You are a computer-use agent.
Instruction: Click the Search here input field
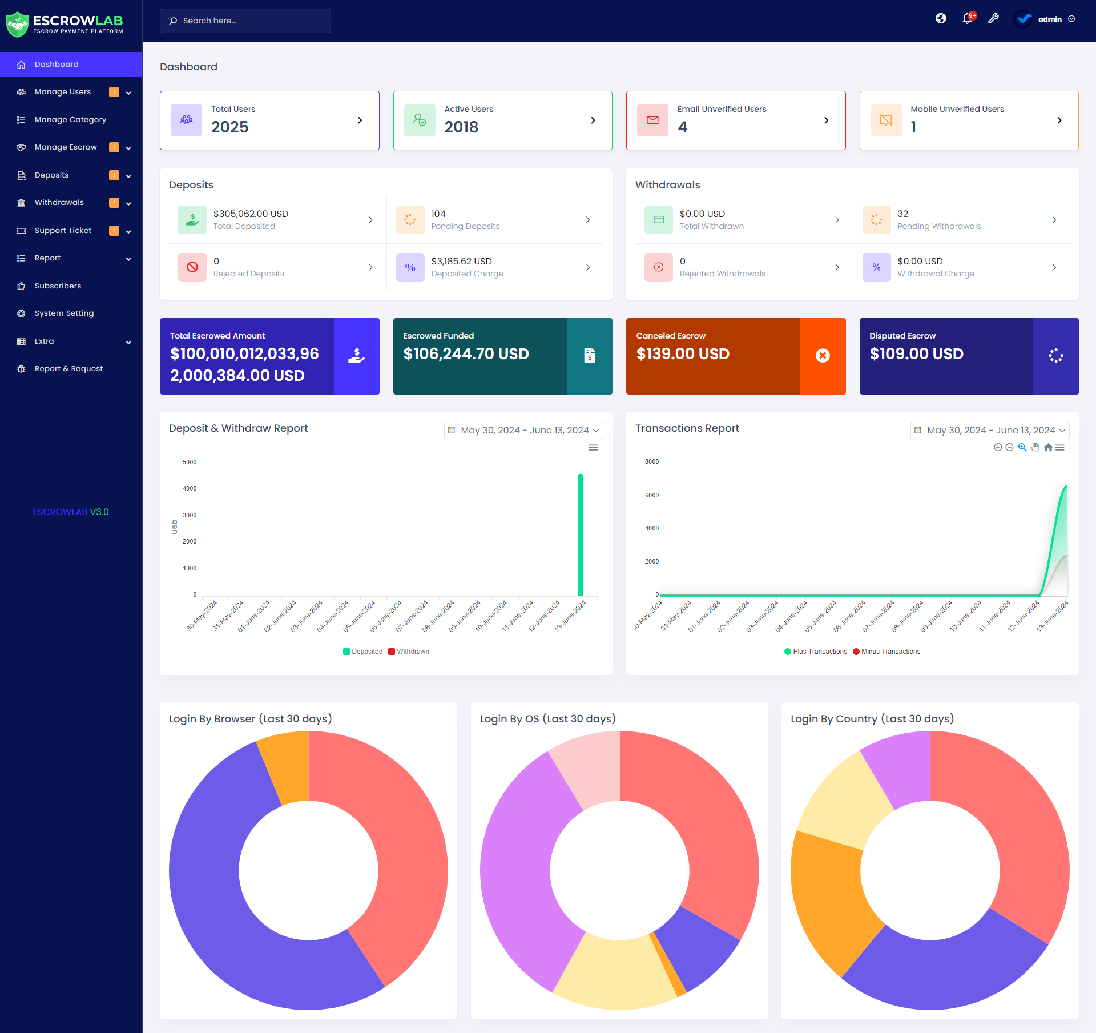coord(245,21)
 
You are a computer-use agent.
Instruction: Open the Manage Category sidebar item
coord(70,119)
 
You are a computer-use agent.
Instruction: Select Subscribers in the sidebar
coord(58,286)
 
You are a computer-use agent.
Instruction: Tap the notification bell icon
coord(967,19)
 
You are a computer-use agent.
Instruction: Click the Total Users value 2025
coord(229,127)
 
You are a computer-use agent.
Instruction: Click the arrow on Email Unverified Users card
coord(826,120)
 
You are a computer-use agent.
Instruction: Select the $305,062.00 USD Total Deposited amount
coord(251,214)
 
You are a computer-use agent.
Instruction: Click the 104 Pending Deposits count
coord(438,214)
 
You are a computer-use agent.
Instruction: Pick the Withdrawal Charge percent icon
coord(876,267)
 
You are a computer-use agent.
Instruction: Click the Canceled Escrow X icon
coord(823,356)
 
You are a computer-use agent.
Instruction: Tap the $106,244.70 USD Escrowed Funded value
coord(466,354)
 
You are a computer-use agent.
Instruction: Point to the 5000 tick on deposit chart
coord(190,462)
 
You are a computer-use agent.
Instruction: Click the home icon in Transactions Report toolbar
coord(1048,448)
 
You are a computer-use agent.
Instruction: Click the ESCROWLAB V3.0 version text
coord(71,512)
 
